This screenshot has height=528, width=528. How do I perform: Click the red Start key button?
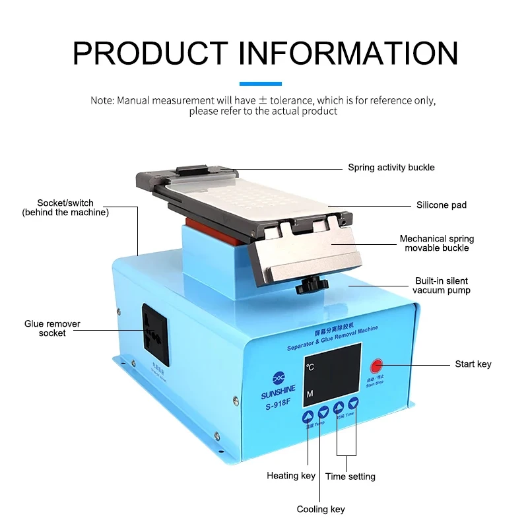[377, 365]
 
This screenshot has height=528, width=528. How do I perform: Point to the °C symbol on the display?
[310, 366]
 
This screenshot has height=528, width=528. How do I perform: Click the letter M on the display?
[309, 394]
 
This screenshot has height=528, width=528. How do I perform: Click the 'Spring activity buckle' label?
[391, 168]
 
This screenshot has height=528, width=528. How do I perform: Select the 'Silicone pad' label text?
[441, 205]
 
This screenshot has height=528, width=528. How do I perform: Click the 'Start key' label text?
[473, 364]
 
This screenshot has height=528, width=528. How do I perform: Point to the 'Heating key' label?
[291, 476]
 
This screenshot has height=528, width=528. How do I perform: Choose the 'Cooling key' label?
[321, 510]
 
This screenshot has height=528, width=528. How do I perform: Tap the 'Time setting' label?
[350, 477]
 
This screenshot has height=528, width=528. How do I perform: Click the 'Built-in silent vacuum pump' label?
[442, 285]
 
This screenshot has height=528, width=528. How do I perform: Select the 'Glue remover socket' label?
[52, 329]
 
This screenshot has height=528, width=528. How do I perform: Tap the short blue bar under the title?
[260, 84]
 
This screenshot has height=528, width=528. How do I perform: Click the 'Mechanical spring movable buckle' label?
[437, 243]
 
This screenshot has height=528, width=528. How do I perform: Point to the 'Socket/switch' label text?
[65, 203]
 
